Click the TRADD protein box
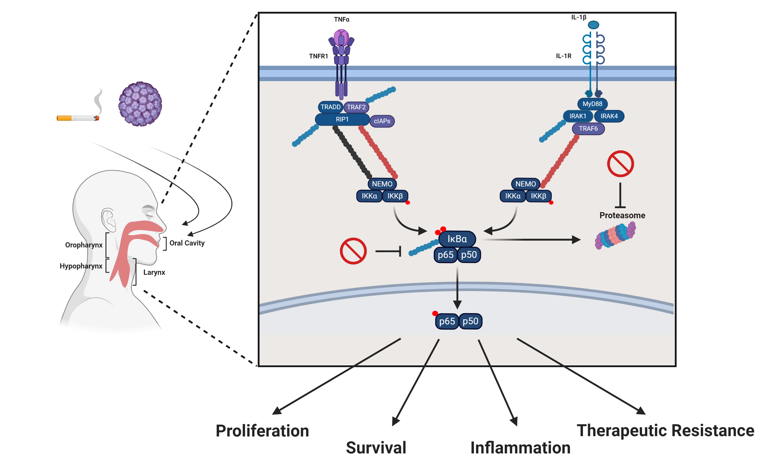[330, 107]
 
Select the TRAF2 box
[356, 107]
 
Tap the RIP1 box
[342, 119]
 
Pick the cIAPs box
[382, 121]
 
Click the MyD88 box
[592, 104]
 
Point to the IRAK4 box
[609, 116]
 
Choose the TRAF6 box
[588, 129]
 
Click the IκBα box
[457, 239]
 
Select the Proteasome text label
[622, 215]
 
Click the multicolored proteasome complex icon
[615, 235]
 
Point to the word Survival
[376, 448]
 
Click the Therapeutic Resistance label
[665, 431]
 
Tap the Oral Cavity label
[187, 243]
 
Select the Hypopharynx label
[81, 266]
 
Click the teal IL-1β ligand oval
[593, 25]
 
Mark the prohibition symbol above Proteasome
[620, 164]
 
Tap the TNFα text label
[342, 20]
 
